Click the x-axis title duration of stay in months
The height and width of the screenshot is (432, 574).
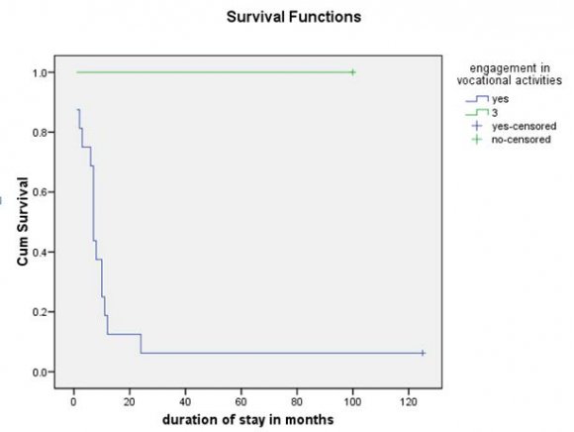point(248,419)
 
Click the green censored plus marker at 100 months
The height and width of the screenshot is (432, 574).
point(352,72)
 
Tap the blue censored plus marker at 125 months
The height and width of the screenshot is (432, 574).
point(423,353)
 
